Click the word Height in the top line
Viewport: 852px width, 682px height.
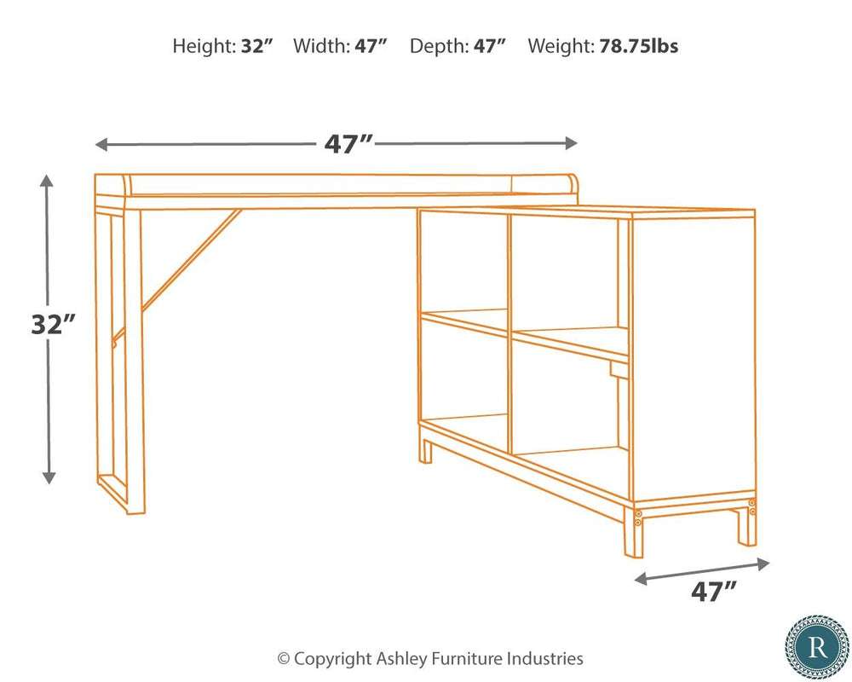click(x=201, y=46)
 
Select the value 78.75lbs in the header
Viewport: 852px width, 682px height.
click(x=638, y=46)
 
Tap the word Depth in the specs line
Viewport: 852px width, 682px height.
click(x=436, y=46)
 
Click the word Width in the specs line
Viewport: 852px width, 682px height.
click(x=319, y=46)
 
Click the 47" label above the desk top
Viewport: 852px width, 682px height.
click(x=348, y=144)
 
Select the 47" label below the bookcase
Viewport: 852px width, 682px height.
click(x=714, y=592)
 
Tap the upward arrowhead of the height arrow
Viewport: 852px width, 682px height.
click(x=49, y=181)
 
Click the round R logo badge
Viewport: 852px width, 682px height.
click(x=816, y=647)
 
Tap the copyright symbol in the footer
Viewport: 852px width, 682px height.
click(x=284, y=659)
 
